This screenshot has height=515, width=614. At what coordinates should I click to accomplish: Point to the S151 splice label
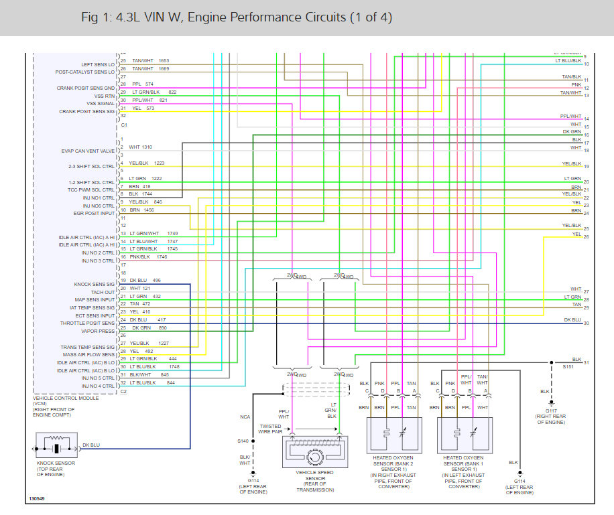click(568, 367)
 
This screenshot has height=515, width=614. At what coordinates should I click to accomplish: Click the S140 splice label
click(242, 441)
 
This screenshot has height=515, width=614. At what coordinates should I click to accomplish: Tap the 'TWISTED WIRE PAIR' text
click(271, 429)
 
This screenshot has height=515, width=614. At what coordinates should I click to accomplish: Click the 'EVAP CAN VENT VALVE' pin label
click(88, 151)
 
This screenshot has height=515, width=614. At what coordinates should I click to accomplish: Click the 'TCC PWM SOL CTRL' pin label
click(90, 190)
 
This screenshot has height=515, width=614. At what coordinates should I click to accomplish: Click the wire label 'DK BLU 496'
click(144, 280)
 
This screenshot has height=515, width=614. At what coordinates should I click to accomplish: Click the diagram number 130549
click(38, 499)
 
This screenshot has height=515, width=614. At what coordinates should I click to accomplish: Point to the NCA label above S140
click(245, 417)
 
